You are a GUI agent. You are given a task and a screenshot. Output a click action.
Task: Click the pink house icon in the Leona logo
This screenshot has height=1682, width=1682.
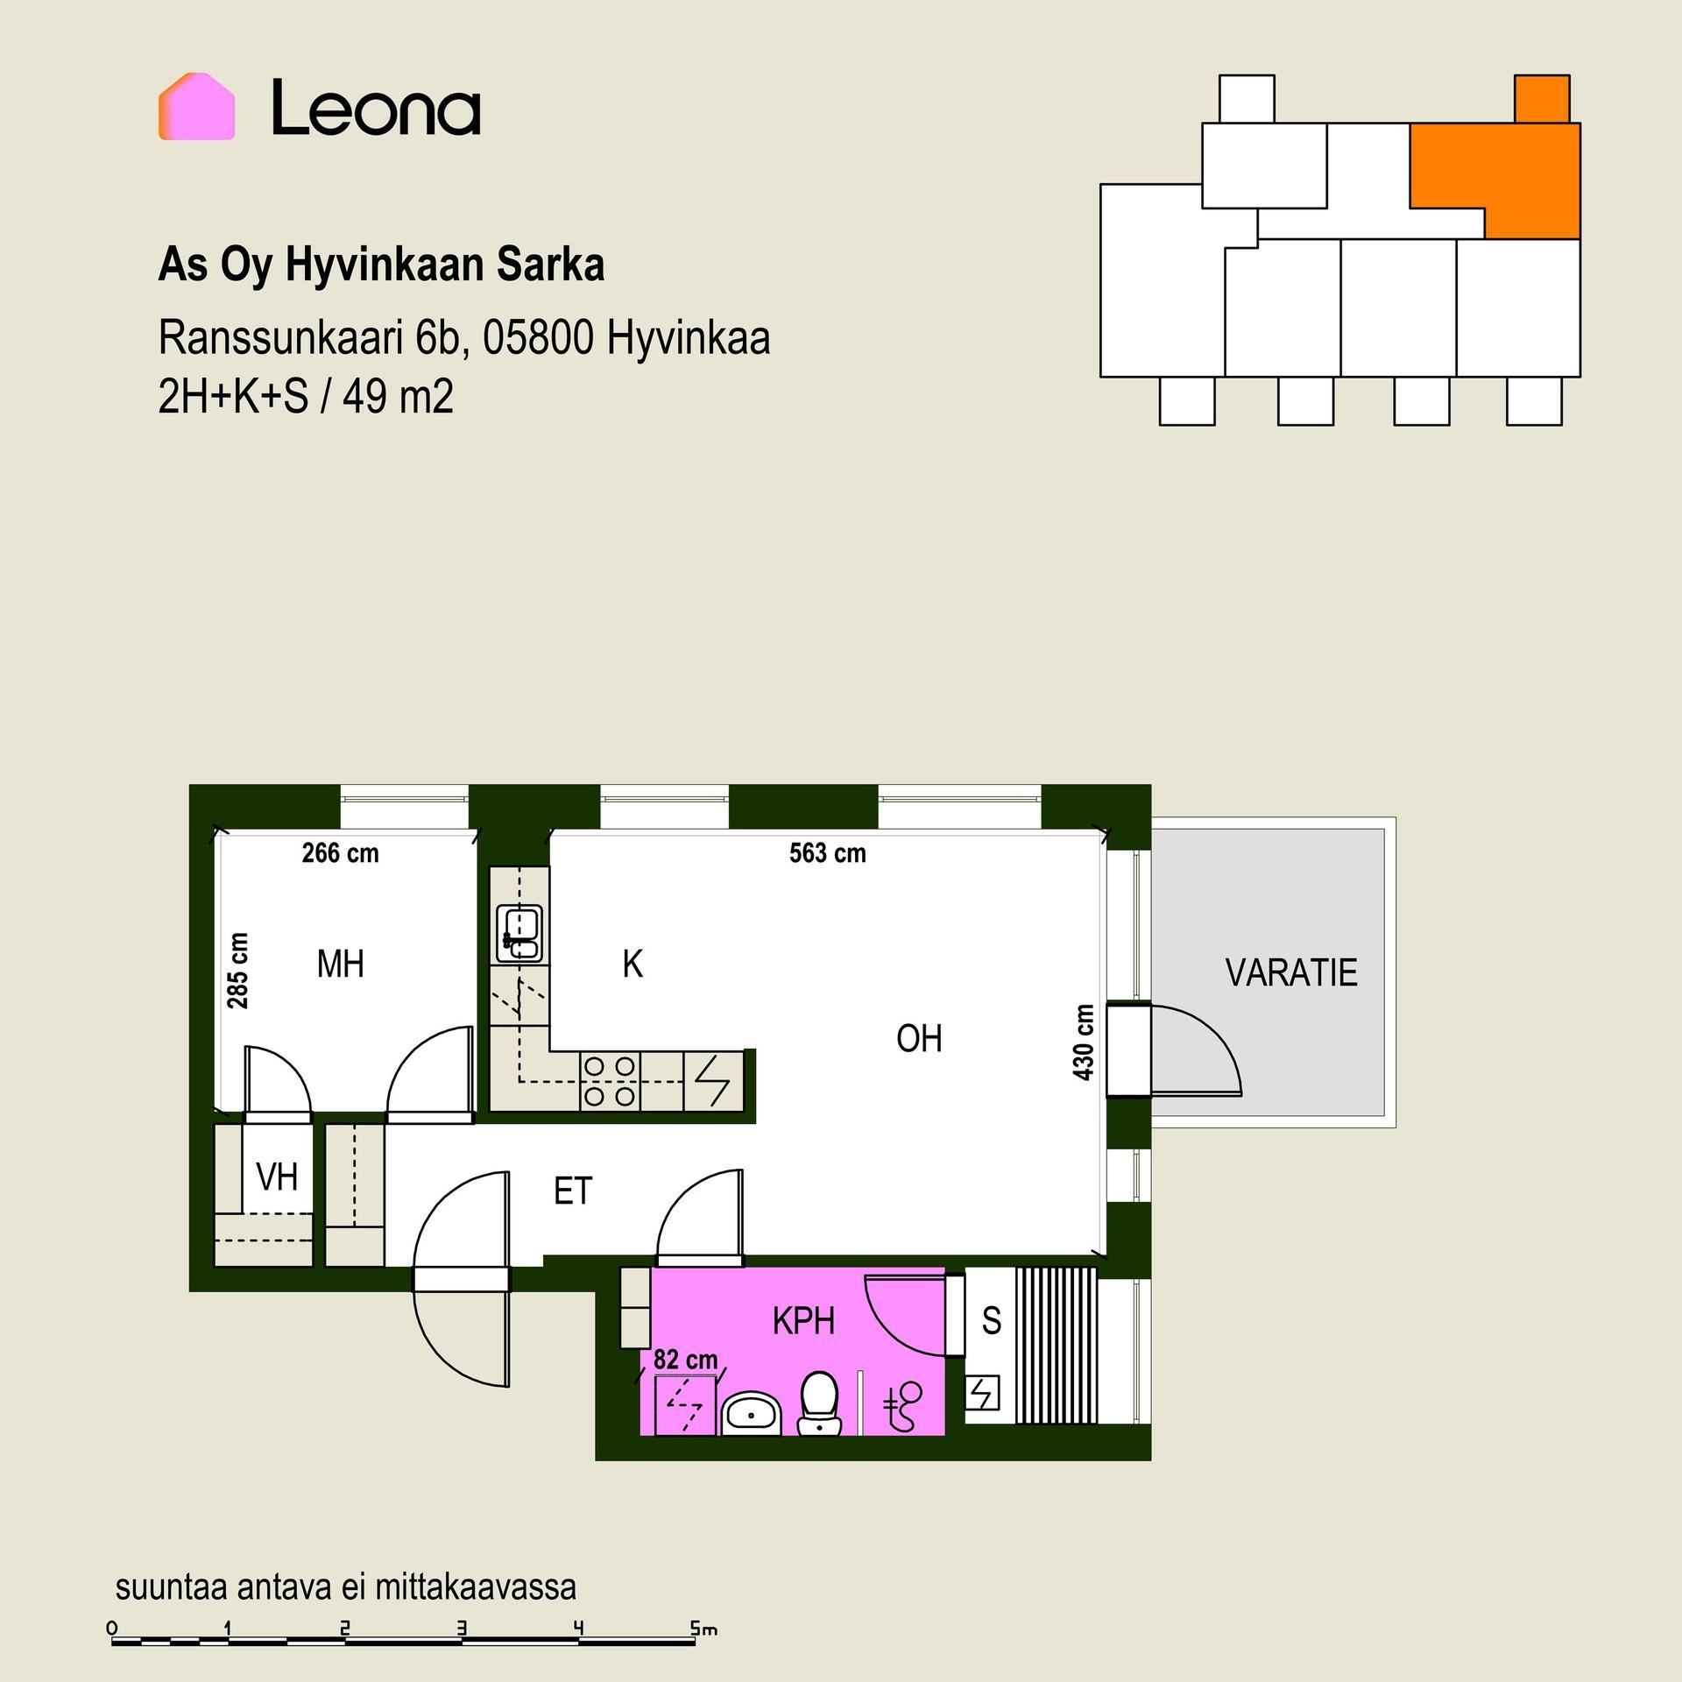(196, 106)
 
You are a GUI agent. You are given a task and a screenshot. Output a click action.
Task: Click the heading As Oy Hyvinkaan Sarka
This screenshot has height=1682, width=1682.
(381, 265)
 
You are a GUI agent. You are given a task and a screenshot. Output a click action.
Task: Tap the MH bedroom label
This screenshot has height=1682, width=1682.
(340, 965)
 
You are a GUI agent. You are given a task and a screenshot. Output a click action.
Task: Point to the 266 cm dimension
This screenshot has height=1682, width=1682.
(341, 852)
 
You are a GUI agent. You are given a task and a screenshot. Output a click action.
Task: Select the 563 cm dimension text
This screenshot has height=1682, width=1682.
(828, 852)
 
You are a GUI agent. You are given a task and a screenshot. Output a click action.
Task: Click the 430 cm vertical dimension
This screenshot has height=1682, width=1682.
(1084, 1042)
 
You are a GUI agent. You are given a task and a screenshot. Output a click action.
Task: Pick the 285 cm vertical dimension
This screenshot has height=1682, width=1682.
(237, 971)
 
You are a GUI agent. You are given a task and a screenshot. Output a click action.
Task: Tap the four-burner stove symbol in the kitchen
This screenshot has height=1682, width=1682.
(610, 1081)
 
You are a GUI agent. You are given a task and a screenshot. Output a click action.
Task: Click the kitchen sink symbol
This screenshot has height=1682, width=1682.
(519, 934)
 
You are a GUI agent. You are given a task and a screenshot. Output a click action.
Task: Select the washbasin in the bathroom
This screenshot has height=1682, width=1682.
(751, 1412)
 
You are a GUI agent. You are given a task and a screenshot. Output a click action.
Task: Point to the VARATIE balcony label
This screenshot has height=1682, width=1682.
(1291, 972)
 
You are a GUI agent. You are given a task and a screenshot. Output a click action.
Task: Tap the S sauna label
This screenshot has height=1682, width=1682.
(992, 1320)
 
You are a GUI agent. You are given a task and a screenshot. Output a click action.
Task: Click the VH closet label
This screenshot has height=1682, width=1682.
(277, 1177)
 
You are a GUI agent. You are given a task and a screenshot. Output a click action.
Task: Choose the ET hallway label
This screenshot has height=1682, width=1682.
(574, 1191)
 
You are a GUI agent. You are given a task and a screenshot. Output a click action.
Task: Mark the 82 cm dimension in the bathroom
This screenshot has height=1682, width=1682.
(686, 1360)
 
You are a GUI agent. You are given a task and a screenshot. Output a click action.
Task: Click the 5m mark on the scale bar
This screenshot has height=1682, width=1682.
(703, 1629)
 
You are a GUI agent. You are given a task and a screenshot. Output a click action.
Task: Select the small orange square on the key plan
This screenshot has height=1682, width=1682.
(1542, 99)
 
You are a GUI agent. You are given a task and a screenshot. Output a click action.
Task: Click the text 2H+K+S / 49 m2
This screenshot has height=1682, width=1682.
(306, 397)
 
